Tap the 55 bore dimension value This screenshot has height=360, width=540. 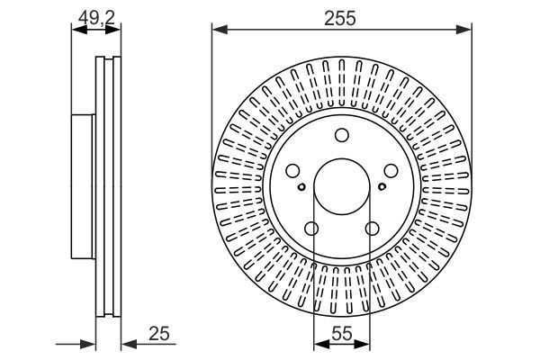[x=341, y=332]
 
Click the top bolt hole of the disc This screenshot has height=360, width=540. [x=341, y=136]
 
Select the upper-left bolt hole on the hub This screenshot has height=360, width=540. [x=293, y=171]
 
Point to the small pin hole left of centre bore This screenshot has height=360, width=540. [x=301, y=187]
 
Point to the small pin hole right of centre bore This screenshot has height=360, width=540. [x=382, y=187]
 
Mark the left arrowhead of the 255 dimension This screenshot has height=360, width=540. [x=217, y=31]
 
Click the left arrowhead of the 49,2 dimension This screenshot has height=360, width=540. [x=75, y=30]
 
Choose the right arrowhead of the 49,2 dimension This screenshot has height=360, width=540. [x=116, y=30]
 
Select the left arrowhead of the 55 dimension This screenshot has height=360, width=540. [x=317, y=345]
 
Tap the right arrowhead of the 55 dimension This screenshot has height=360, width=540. [x=366, y=345]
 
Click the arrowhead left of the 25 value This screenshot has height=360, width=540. [x=126, y=344]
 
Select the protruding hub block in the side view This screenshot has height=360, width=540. [x=83, y=186]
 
